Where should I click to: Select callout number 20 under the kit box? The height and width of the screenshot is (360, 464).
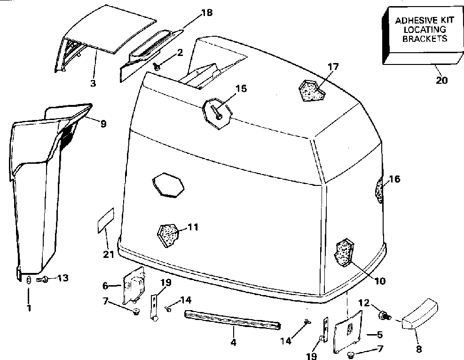(x=441, y=80)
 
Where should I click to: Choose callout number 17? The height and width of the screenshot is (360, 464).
(x=333, y=66)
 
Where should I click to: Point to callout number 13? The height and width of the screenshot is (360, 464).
(x=62, y=278)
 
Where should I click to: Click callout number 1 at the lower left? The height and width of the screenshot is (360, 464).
(x=28, y=309)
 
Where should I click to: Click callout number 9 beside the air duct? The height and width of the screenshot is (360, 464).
(x=102, y=124)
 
